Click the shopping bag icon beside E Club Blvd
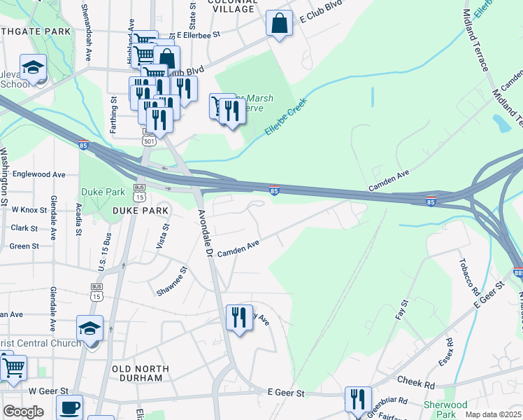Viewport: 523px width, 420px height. [279, 24]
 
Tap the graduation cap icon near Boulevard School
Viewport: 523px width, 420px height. [33, 67]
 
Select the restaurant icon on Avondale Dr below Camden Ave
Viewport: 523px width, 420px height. [239, 317]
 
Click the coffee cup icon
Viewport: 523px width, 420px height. [69, 408]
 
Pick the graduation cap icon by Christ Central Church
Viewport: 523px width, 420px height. [90, 328]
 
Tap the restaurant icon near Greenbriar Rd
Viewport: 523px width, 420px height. [358, 400]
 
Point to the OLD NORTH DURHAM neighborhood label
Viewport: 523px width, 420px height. [140, 373]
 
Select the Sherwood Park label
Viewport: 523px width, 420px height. [445, 409]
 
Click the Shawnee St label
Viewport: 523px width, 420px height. [173, 280]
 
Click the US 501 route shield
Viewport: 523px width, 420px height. [148, 141]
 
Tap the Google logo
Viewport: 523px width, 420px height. [23, 412]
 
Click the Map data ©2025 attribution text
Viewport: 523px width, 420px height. [494, 414]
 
